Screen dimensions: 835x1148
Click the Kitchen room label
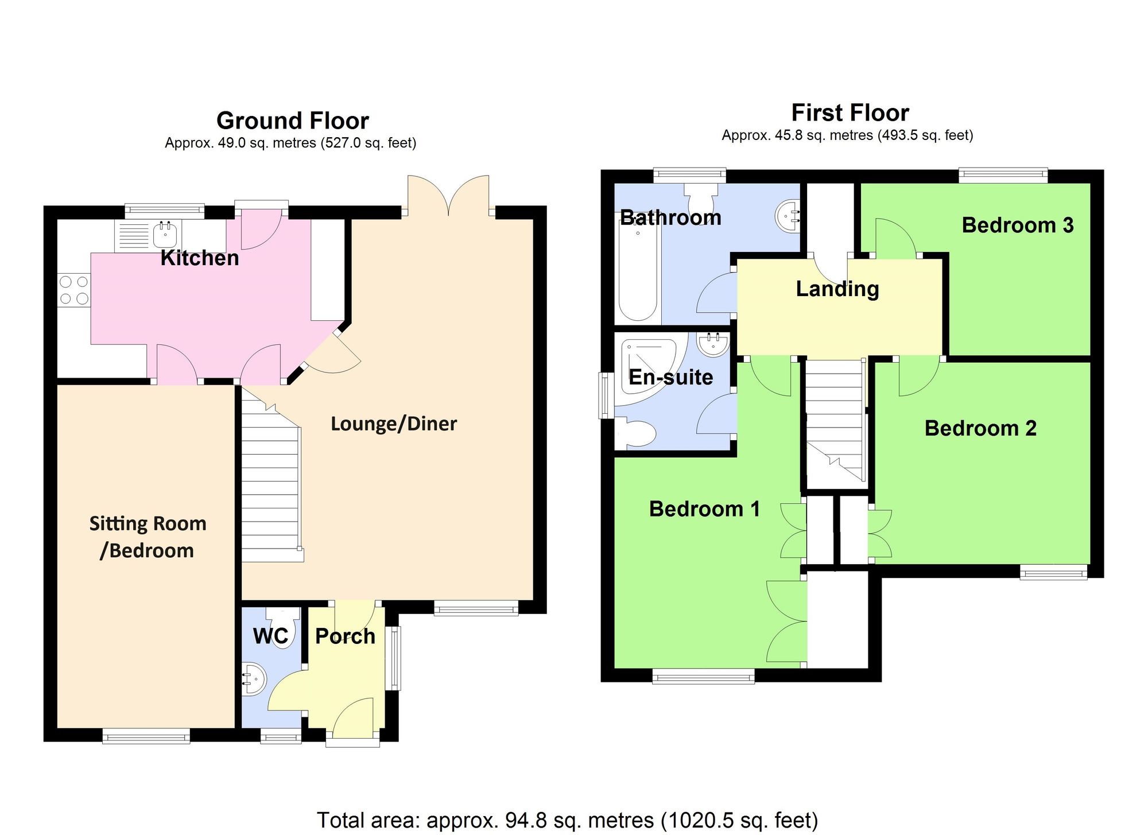click(x=199, y=258)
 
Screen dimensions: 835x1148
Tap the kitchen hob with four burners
click(x=74, y=290)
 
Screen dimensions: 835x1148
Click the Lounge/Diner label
click(x=394, y=424)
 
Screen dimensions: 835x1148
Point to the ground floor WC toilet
click(x=285, y=628)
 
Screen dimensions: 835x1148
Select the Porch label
click(x=345, y=636)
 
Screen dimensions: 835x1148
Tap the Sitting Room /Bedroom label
click(x=148, y=537)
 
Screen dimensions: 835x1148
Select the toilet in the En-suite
click(x=637, y=434)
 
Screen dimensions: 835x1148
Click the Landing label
click(x=837, y=289)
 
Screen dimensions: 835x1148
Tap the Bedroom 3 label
click(x=1017, y=225)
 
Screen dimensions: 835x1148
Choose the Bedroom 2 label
click(x=980, y=428)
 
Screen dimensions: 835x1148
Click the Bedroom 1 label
click(x=704, y=509)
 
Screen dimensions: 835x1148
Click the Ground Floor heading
click(x=292, y=121)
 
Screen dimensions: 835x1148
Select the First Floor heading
click(x=850, y=113)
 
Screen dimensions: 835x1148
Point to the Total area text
click(x=567, y=820)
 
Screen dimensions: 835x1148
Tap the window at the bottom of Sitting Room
click(x=146, y=736)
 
